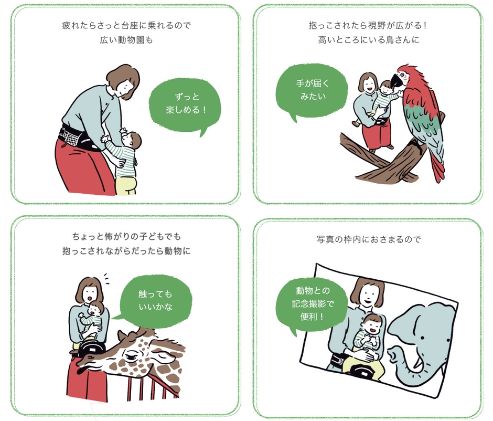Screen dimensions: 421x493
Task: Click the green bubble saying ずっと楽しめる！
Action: [185, 104]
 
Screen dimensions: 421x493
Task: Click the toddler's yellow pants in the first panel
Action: [127, 184]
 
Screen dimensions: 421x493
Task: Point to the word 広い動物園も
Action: [125, 40]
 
